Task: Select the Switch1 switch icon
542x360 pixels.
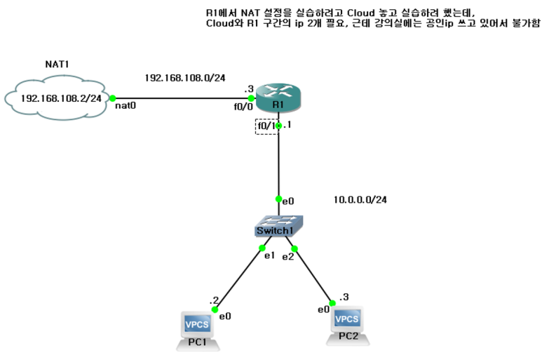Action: (279, 226)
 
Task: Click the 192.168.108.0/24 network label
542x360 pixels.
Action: (184, 77)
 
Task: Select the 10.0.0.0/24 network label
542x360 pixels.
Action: (360, 200)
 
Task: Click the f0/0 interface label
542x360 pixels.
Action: (243, 108)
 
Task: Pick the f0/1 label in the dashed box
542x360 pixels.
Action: (266, 126)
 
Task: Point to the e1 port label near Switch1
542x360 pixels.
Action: (269, 255)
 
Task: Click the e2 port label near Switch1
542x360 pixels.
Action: (288, 257)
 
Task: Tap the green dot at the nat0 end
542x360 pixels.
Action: (112, 99)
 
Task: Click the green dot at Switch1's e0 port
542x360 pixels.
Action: (279, 199)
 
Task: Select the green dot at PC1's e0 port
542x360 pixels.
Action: (215, 309)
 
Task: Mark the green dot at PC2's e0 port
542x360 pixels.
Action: (332, 303)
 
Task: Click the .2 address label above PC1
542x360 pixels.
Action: (214, 300)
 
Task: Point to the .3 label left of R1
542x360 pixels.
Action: (248, 89)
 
